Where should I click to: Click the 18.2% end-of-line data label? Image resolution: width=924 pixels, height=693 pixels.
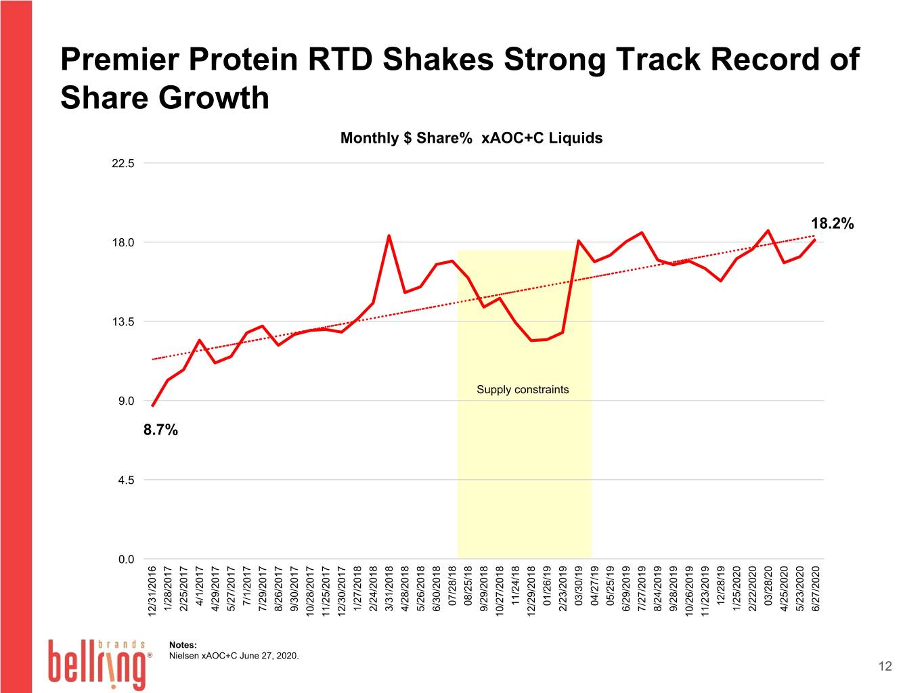pyautogui.click(x=832, y=223)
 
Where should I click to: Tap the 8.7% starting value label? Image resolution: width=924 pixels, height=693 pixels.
pyautogui.click(x=160, y=430)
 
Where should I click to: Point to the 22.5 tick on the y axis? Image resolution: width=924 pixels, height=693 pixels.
pyautogui.click(x=123, y=163)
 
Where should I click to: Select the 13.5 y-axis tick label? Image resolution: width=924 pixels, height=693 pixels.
pyautogui.click(x=123, y=322)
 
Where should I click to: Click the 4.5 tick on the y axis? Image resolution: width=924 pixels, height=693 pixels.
pyautogui.click(x=127, y=480)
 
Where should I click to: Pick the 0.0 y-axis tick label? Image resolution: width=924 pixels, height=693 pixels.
pyautogui.click(x=127, y=559)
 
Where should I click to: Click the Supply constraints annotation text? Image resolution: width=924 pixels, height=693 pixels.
pyautogui.click(x=523, y=390)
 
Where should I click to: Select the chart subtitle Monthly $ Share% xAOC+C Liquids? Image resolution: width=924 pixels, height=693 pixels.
pyautogui.click(x=471, y=138)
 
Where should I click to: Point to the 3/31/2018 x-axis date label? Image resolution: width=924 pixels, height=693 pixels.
pyautogui.click(x=389, y=589)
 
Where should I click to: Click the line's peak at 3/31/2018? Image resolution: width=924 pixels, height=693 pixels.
pyautogui.click(x=389, y=236)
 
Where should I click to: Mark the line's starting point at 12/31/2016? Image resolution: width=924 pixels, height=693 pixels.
pyautogui.click(x=153, y=405)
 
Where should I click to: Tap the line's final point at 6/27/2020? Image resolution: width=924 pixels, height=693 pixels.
pyautogui.click(x=815, y=240)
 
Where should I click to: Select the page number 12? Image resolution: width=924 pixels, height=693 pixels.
pyautogui.click(x=885, y=666)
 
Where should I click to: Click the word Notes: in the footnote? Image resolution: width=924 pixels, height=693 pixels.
pyautogui.click(x=183, y=645)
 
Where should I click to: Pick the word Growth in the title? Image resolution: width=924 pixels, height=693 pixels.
pyautogui.click(x=214, y=97)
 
